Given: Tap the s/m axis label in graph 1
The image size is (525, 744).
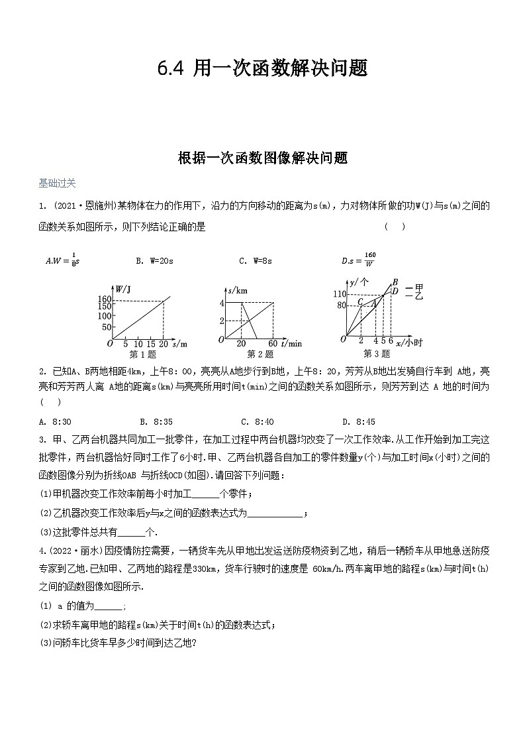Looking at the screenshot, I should point(179,344).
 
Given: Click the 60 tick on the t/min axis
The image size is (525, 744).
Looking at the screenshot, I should point(273,344).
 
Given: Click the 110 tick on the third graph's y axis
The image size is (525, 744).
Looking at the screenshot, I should point(340,293).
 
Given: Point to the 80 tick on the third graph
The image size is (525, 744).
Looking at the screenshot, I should point(342,305).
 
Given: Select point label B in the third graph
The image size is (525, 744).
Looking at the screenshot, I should point(395,282).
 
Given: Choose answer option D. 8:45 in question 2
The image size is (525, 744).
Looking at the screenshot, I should point(359,421).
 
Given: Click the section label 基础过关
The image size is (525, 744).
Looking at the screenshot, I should point(57,183).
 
